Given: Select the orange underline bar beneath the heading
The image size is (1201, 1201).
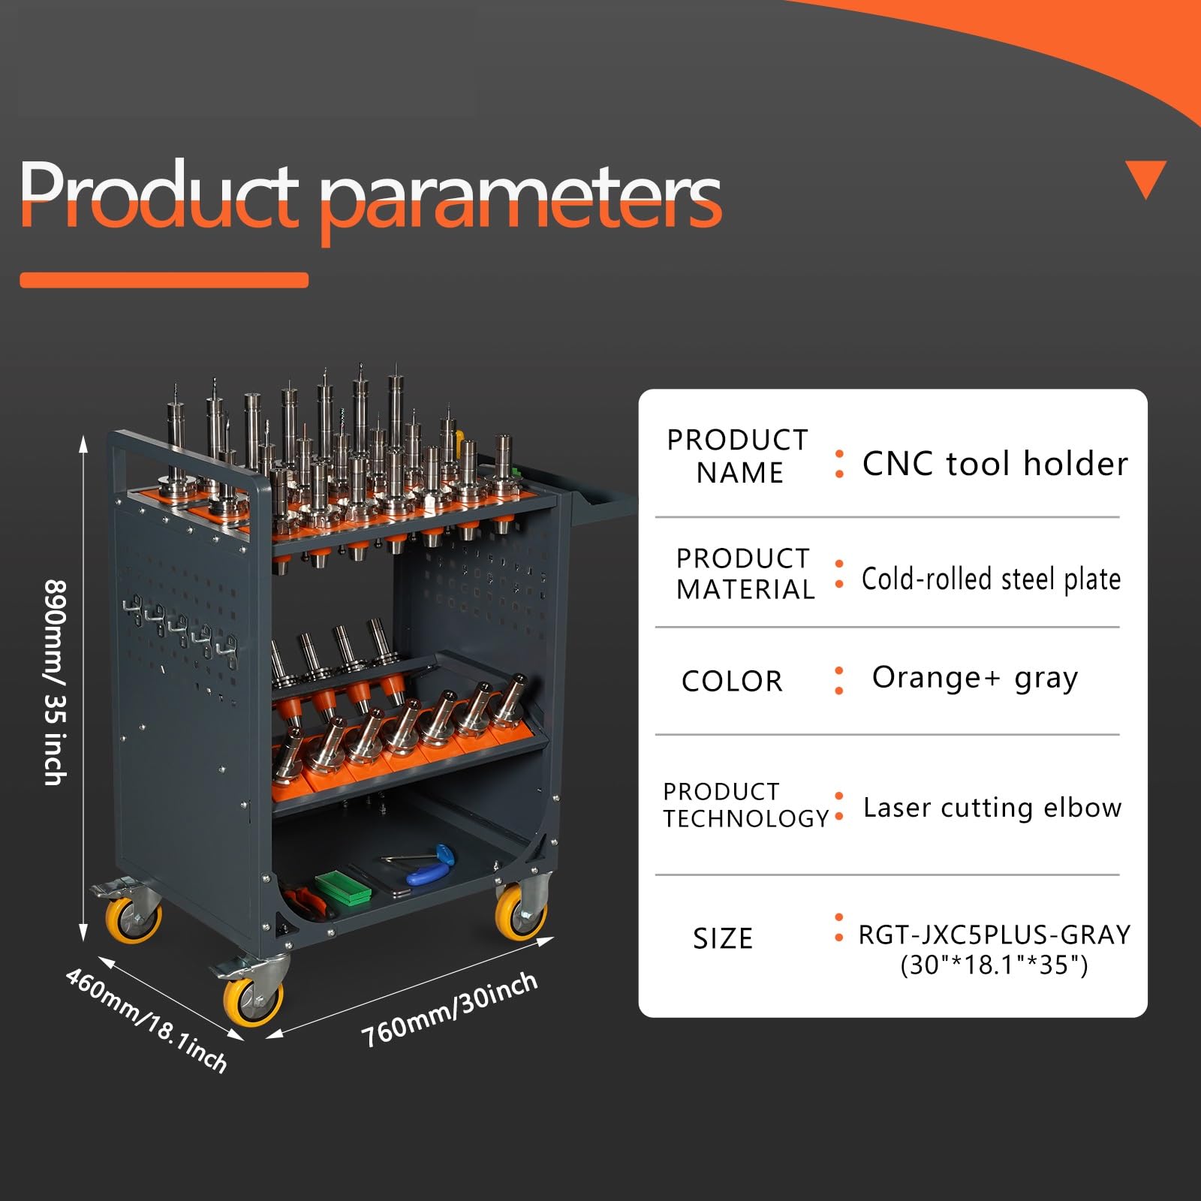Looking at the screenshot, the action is coord(164,280).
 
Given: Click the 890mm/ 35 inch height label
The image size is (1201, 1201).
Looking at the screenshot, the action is coord(56,682).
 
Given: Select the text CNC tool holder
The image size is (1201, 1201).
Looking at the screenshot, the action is coord(995,463).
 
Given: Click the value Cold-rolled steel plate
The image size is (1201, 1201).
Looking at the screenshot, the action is coord(991,579).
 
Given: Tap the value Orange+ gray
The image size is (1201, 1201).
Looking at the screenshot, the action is coord(974,679).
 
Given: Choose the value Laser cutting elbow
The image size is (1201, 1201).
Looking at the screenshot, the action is coord(992,807).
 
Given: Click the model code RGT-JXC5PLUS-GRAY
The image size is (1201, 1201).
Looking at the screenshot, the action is coord(995,935).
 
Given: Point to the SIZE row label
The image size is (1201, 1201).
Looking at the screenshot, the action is coord(722,939).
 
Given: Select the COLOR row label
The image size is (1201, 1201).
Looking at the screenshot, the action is coord(732,681).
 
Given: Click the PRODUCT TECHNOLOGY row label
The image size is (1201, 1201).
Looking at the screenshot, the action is coord(745,805).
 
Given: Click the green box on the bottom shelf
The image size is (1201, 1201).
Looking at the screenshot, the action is coord(343,888).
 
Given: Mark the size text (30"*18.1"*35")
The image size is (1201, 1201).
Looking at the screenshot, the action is coord(994,965).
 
